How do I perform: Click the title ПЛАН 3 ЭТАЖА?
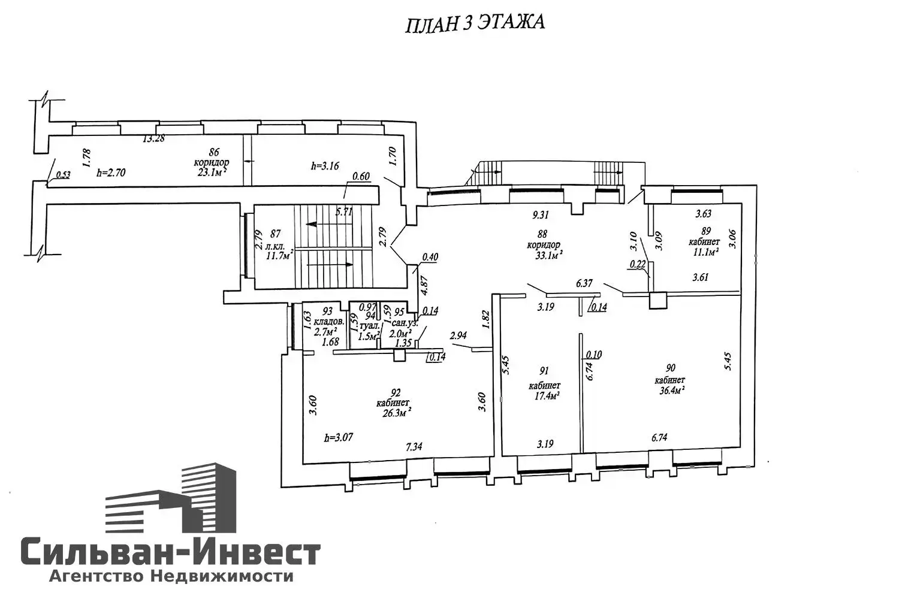[475, 23]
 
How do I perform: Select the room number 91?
[544, 371]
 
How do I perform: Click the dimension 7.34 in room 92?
[415, 447]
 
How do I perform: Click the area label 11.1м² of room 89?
[704, 252]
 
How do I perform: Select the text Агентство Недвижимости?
[171, 576]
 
